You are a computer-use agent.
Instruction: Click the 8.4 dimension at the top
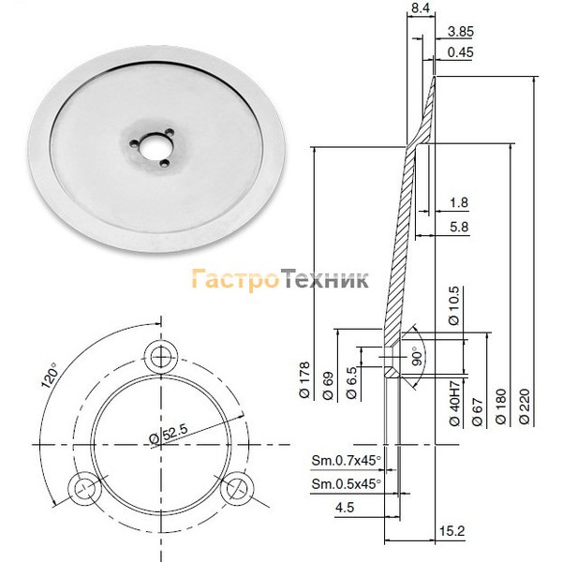coord(420,7)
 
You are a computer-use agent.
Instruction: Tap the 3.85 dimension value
coord(461,32)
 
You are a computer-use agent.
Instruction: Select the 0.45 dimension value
coord(461,52)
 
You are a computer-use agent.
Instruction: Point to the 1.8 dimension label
coord(459,202)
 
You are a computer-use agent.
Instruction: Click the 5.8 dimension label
coord(459,227)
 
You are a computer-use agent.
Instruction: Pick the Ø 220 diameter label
coord(524,407)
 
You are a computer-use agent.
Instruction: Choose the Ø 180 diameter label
coord(500,407)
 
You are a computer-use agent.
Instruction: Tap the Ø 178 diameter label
coord(304,380)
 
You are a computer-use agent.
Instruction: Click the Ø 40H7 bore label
coord(454,404)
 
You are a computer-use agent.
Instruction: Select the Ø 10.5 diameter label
coord(453,305)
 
